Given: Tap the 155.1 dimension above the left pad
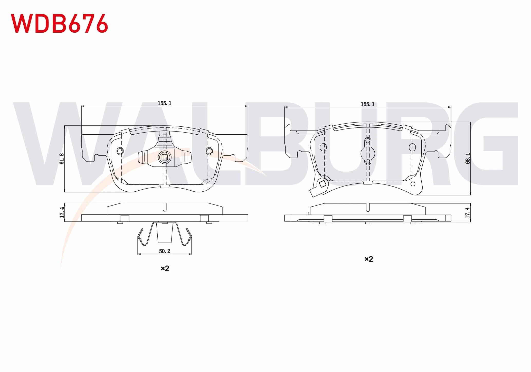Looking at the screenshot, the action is coord(165,103).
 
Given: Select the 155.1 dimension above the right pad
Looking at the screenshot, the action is coord(368,104).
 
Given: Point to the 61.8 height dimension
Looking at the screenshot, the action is coord(62,159).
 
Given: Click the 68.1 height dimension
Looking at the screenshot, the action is coord(468,158).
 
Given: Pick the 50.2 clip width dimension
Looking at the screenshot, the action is coord(165,251).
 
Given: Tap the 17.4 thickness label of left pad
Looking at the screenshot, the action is coord(62,212).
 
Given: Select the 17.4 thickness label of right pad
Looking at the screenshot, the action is coord(468,212).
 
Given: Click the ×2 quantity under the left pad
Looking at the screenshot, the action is coord(165,269).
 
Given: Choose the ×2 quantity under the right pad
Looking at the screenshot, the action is coord(369,259).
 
